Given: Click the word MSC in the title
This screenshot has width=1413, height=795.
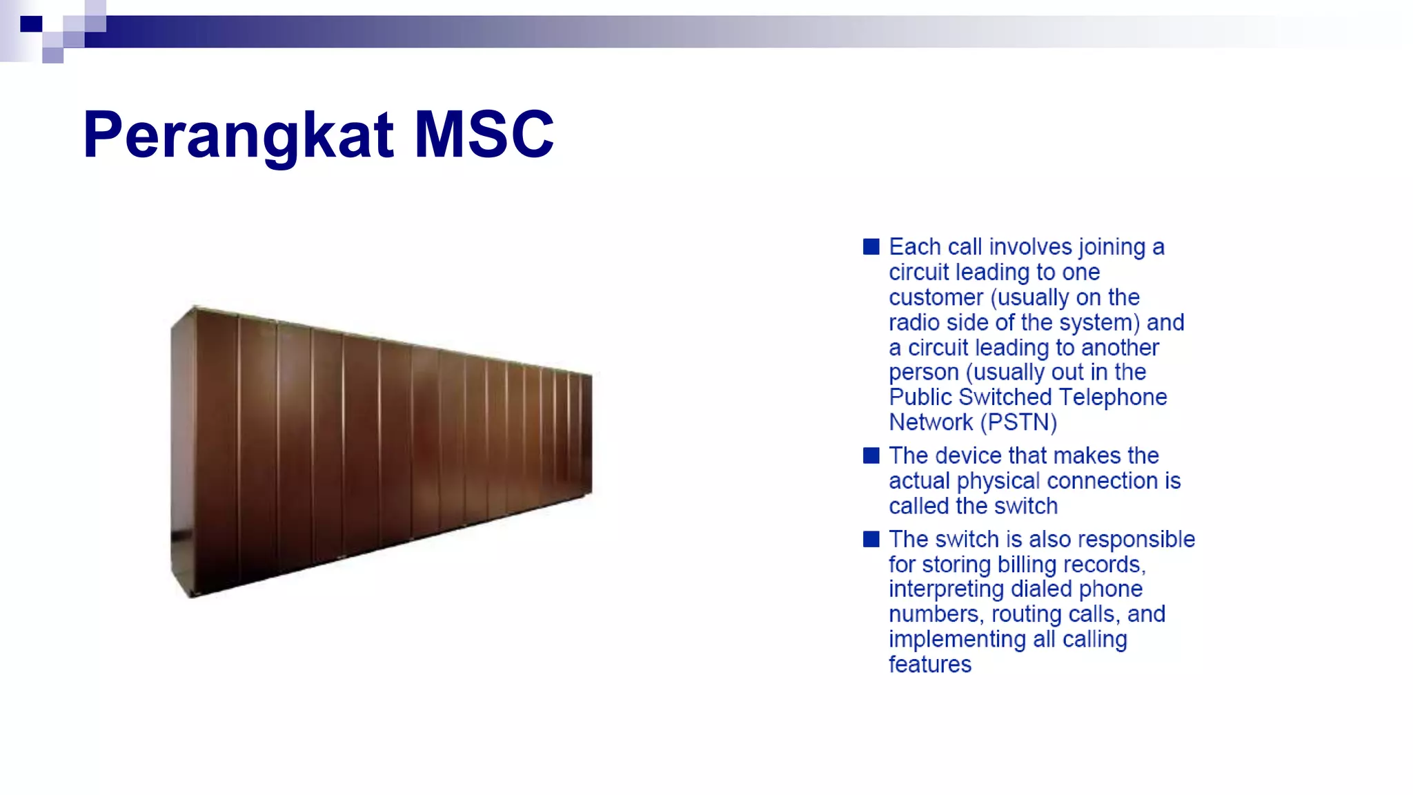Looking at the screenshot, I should tap(484, 135).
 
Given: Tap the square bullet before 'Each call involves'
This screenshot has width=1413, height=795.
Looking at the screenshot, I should tap(871, 247).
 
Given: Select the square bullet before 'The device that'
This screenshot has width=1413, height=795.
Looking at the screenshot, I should tap(871, 455).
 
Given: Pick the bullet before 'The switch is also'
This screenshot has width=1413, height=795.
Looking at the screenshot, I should tap(871, 539).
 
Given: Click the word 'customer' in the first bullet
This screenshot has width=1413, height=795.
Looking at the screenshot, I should tap(936, 297).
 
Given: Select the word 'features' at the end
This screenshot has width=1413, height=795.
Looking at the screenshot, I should tap(929, 665).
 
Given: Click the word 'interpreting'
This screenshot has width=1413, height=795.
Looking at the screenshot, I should tap(946, 589).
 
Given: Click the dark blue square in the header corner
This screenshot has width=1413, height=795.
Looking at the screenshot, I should tap(31, 24).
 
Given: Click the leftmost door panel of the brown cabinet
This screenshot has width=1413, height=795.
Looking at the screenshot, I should tap(217, 452).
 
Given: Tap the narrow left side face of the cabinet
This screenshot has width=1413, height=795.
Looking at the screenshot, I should tap(182, 452).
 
